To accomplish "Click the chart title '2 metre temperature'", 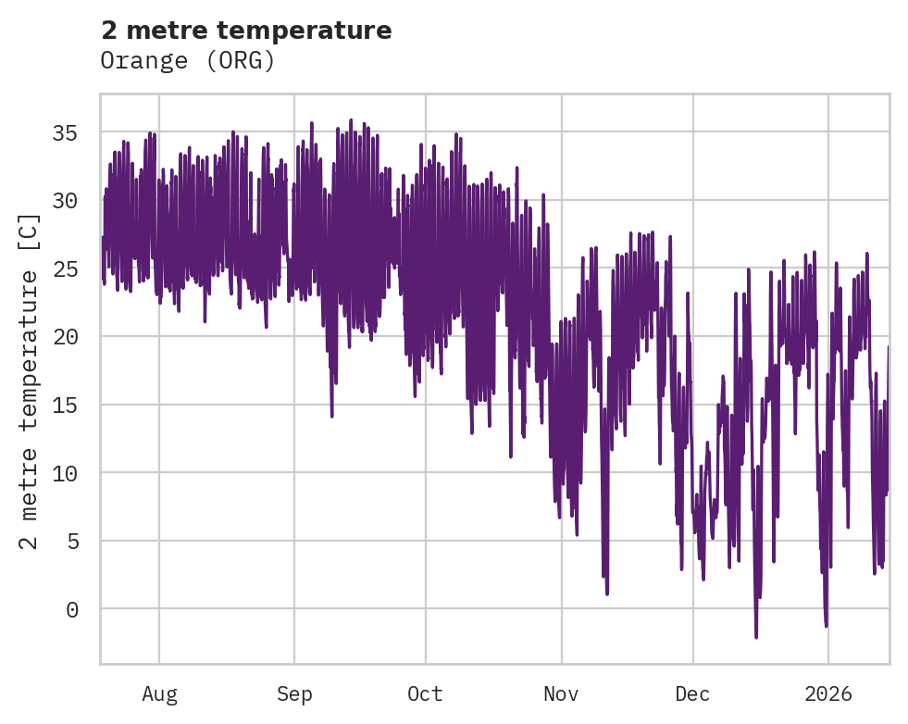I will pyautogui.click(x=246, y=31).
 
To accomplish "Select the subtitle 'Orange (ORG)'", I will pyautogui.click(x=188, y=60).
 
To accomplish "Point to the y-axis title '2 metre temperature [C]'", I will pyautogui.click(x=30, y=380).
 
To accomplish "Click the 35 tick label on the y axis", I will pyautogui.click(x=64, y=132).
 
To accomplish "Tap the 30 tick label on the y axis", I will pyautogui.click(x=64, y=200).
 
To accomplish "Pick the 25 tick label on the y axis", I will pyautogui.click(x=64, y=268).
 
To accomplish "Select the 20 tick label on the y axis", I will pyautogui.click(x=64, y=336).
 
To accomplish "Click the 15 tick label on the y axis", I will pyautogui.click(x=64, y=405).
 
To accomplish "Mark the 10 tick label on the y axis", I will pyautogui.click(x=64, y=472).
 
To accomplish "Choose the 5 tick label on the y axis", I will pyautogui.click(x=71, y=541).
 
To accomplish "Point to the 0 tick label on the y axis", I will pyautogui.click(x=71, y=608).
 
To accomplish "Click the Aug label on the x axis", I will pyautogui.click(x=159, y=694).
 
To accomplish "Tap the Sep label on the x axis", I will pyautogui.click(x=294, y=694).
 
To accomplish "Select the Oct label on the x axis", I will pyautogui.click(x=426, y=694).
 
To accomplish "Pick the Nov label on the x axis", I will pyautogui.click(x=561, y=694).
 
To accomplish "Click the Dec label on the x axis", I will pyautogui.click(x=693, y=694).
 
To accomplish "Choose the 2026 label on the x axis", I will pyautogui.click(x=827, y=694).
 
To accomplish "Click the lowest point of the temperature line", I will pyautogui.click(x=756, y=637).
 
